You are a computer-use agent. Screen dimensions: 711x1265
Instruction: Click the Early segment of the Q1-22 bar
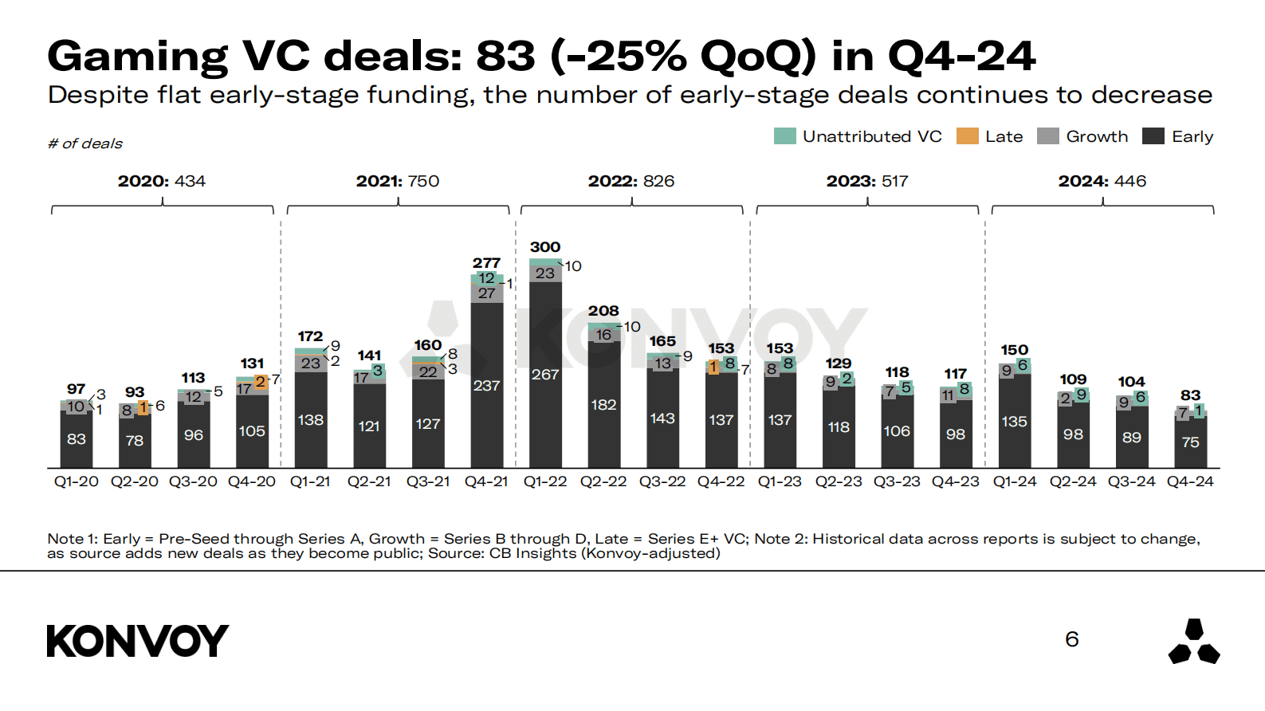545,375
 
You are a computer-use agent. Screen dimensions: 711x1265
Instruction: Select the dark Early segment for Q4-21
486,385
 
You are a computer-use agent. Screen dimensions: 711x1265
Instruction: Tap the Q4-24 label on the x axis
1190,481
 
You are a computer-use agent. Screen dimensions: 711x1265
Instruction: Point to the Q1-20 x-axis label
77,481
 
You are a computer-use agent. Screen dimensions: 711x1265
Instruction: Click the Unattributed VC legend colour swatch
784,136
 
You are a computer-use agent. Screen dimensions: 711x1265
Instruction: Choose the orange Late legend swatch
967,136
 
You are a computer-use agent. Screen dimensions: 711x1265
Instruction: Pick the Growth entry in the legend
1082,136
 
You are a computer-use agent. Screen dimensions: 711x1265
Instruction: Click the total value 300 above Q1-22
545,247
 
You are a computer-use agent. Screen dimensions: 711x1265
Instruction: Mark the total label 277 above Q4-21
486,262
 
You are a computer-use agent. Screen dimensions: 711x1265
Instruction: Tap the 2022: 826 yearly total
631,181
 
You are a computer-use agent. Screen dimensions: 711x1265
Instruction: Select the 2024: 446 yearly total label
1102,181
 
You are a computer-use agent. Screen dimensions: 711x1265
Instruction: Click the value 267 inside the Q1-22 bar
545,375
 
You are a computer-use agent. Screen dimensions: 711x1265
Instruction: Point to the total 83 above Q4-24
1190,395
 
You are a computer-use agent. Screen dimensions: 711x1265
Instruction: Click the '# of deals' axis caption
85,143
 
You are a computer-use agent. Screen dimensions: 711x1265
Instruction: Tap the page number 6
1072,639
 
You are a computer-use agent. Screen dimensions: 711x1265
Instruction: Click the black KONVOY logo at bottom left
137,641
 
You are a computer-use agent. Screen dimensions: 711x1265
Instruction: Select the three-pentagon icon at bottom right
1193,642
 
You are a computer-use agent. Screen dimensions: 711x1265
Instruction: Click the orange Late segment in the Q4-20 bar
261,383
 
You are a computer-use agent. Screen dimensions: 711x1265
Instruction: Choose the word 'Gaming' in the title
137,56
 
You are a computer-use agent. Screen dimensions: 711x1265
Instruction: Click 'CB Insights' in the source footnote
532,553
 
